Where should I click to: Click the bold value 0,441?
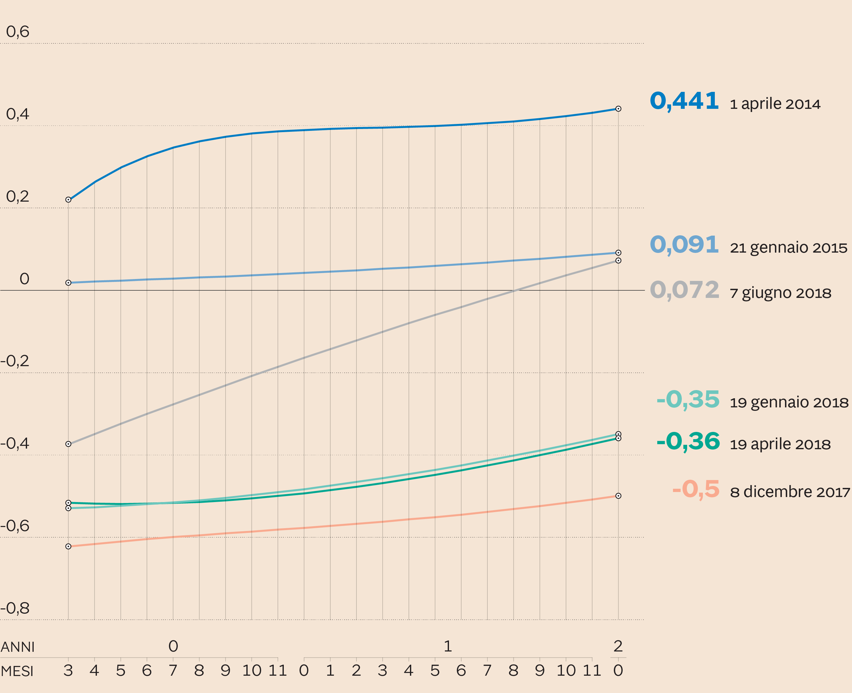[684, 101]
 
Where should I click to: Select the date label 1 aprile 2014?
[775, 104]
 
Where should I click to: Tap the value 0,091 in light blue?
[684, 245]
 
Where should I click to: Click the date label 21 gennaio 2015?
[788, 248]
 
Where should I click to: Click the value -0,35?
[688, 399]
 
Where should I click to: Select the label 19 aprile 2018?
[780, 444]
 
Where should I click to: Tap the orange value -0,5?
[696, 489]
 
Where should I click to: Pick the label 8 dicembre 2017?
[790, 492]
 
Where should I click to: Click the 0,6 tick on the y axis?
[18, 31]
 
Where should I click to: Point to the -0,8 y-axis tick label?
[15, 608]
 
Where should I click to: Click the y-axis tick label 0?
[24, 279]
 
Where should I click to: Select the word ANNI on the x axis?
[18, 647]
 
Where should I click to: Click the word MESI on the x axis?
[17, 671]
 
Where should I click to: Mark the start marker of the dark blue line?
[68, 200]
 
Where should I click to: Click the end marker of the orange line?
[618, 496]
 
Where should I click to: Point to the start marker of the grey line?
[68, 444]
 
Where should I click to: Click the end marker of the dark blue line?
[618, 109]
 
